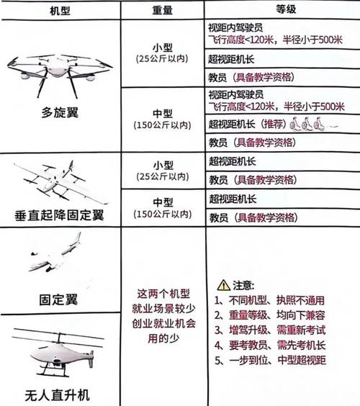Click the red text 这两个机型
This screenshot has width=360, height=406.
(162, 294)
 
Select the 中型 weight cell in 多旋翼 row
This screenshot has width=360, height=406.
(162, 119)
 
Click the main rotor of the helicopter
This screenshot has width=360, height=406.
(58, 334)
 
